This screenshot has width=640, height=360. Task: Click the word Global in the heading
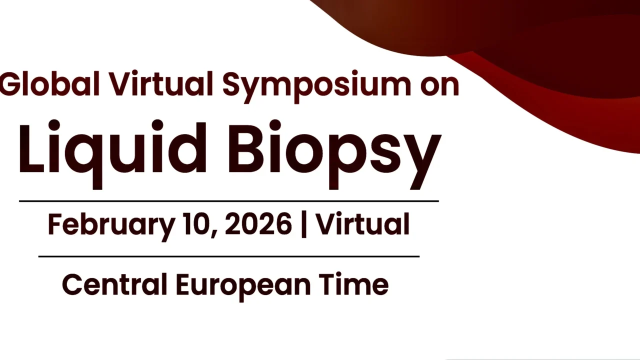point(50,84)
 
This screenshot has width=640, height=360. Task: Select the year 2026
point(258,224)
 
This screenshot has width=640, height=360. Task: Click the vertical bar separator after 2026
point(304,224)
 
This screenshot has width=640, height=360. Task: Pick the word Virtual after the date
point(362,224)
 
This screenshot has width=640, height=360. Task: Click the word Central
point(114,284)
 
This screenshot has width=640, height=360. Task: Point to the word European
point(242,285)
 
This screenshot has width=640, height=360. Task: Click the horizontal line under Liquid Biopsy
point(228,201)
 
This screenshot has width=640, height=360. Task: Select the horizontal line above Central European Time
point(228,256)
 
